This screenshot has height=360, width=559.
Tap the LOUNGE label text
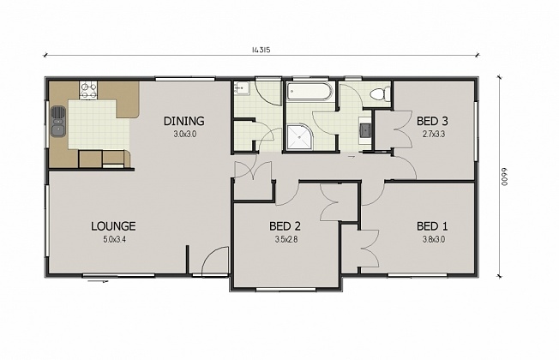(x=113, y=226)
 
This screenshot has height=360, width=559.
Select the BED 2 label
(x=284, y=226)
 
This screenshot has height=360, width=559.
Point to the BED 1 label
(x=432, y=226)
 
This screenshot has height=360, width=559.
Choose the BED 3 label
(x=432, y=122)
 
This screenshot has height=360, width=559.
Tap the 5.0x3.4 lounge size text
(x=113, y=238)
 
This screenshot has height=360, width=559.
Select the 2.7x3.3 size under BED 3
(x=432, y=134)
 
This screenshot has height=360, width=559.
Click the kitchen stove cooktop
(x=88, y=87)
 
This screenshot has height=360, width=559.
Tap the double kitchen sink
(x=57, y=121)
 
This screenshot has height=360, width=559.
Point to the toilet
(x=378, y=93)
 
